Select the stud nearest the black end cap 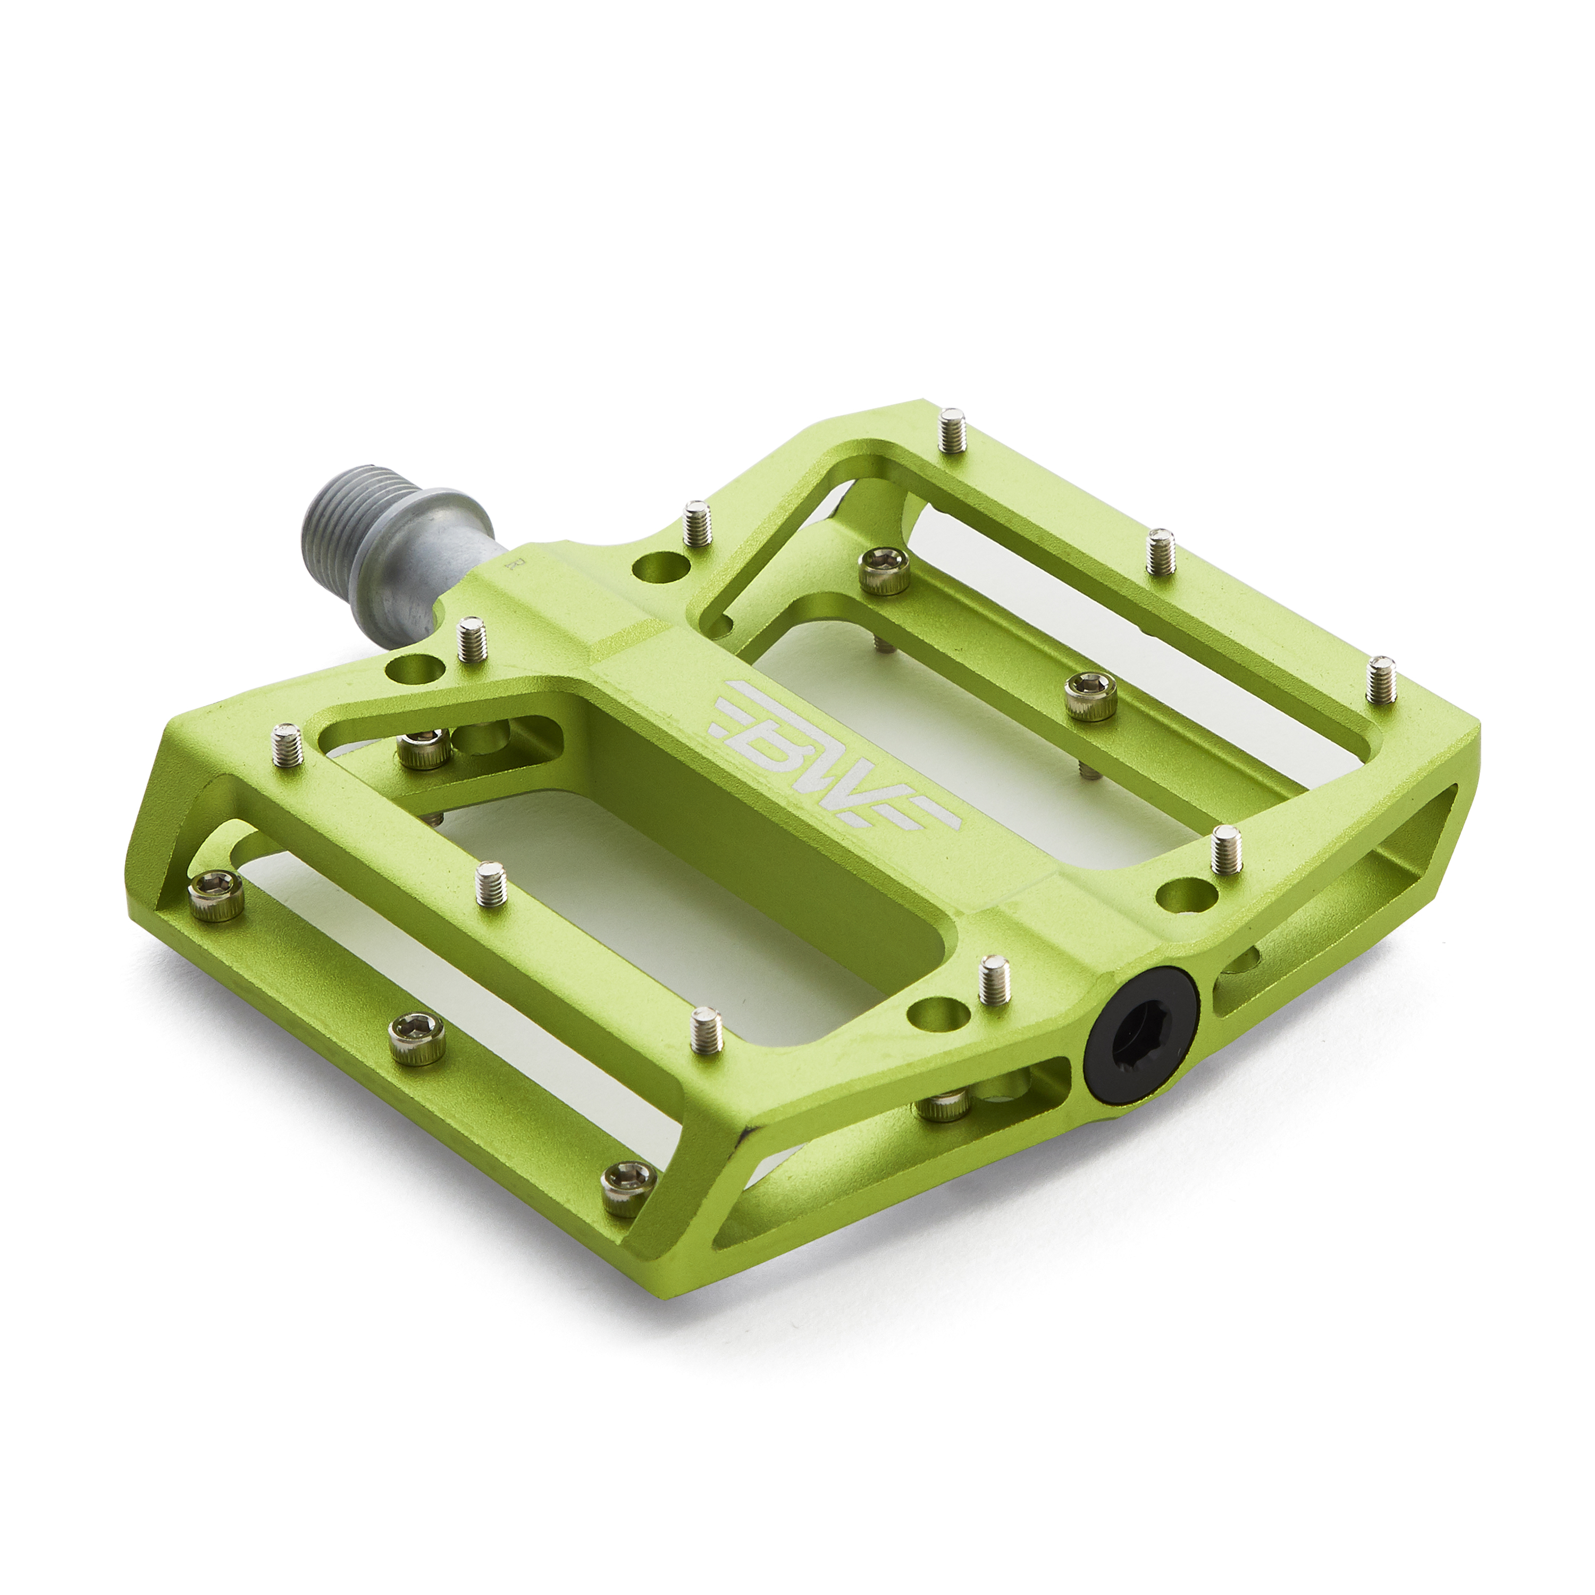pyautogui.click(x=995, y=981)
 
